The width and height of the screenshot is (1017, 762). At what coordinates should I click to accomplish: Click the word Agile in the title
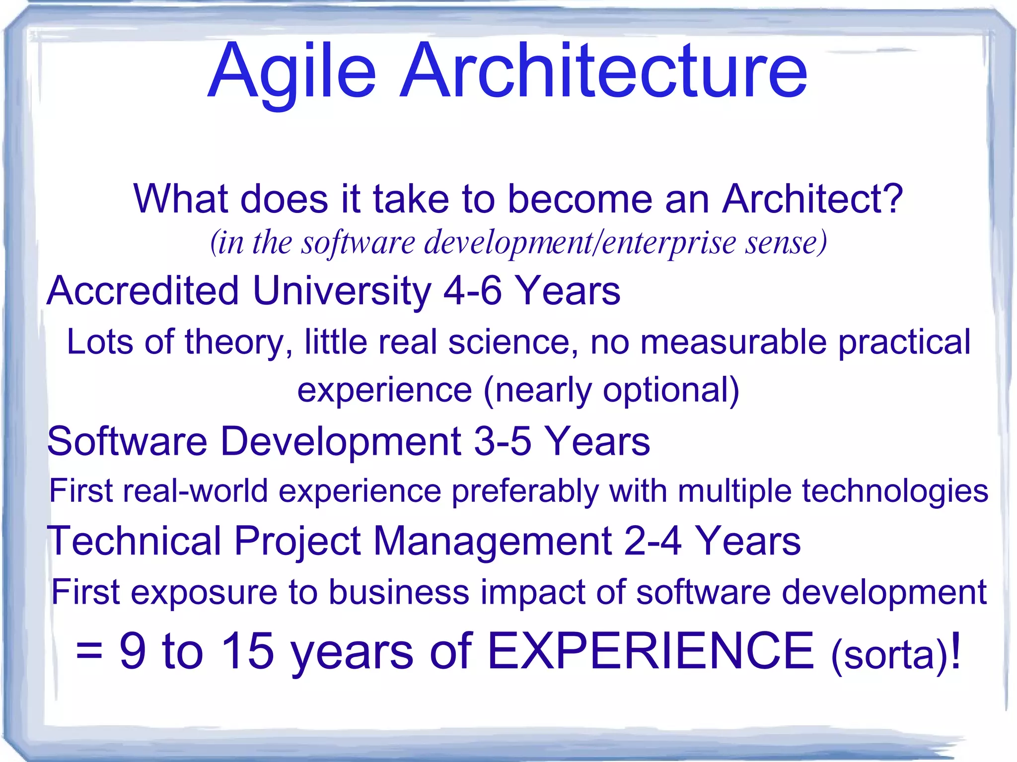[292, 72]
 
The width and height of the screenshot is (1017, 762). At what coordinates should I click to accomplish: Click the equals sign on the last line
[89, 651]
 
